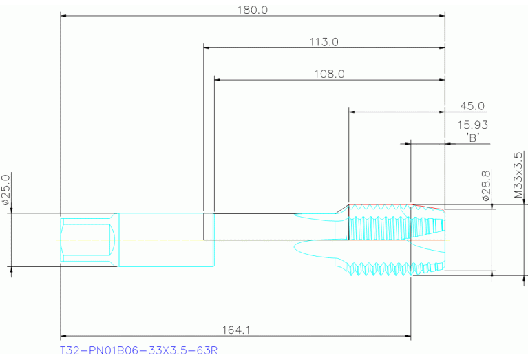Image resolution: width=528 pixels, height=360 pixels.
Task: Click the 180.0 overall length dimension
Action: pos(253,10)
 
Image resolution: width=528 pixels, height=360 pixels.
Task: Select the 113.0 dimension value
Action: pos(324,42)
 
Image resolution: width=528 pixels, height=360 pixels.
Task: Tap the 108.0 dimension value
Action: pos(328,74)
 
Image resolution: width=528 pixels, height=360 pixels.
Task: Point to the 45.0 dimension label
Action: pos(472,106)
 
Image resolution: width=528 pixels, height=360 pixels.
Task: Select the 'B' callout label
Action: pos(473,138)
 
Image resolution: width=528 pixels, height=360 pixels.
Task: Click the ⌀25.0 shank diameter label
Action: pos(6,189)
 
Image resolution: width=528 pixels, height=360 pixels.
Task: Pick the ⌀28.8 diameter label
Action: pos(486,186)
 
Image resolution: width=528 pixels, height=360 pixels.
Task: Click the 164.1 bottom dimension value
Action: pos(235,331)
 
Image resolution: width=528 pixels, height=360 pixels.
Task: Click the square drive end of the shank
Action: pos(87,240)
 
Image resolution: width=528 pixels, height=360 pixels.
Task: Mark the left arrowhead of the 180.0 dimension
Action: pos(64,15)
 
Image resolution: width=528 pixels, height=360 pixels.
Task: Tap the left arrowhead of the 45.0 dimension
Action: pos(352,112)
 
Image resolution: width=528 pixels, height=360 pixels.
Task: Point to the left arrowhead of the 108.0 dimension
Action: pos(218,80)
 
